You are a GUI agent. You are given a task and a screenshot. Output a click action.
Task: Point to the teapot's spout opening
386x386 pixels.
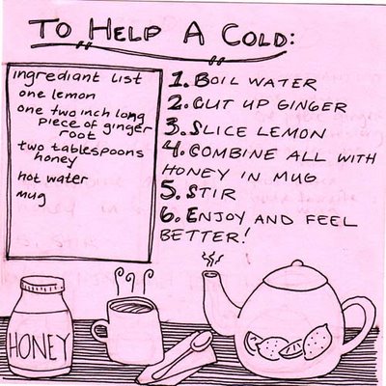point(210,275)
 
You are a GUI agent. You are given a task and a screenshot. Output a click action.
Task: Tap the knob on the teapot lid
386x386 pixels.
point(298,263)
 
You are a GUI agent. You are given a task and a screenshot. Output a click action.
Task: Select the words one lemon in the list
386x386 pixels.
point(57,96)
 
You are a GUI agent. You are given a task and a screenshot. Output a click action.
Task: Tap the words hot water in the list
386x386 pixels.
point(52,179)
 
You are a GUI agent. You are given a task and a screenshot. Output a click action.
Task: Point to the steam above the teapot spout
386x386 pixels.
point(211,260)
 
